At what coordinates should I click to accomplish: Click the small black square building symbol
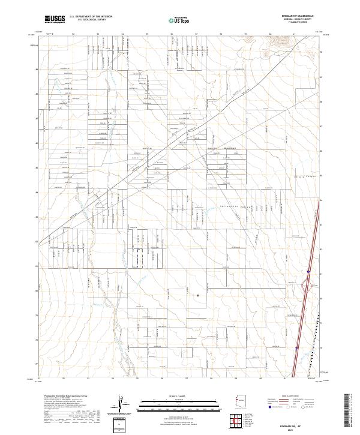pyautogui.click(x=198, y=295)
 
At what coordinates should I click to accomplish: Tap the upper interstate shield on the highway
pyautogui.click(x=307, y=272)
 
